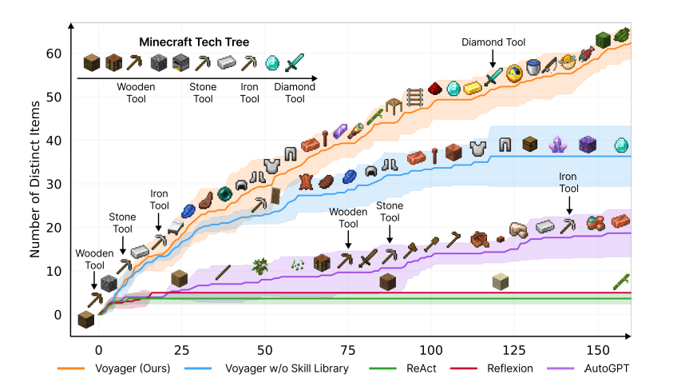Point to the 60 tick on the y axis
click(53, 54)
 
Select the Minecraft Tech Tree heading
click(194, 42)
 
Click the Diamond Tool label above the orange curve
click(493, 42)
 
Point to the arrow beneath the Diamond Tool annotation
click(493, 59)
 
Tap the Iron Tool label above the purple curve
click(568, 183)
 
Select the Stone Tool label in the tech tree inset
click(203, 93)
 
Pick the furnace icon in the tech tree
click(180, 62)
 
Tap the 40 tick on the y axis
click(53, 141)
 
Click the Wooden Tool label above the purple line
click(347, 218)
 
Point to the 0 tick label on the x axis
click(98, 351)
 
